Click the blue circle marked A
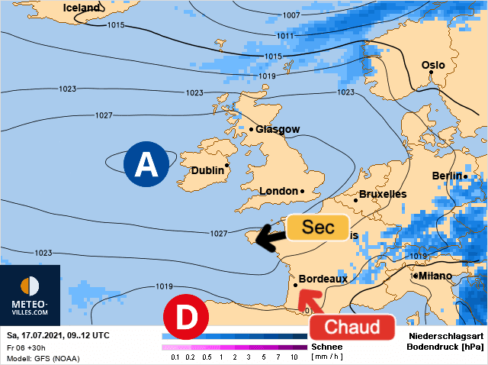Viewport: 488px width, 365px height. point(146,163)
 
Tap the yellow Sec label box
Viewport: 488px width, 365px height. point(316,227)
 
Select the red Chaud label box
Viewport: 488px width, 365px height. point(352,328)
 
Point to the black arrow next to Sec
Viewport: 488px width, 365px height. point(268,237)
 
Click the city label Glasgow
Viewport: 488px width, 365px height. point(278,129)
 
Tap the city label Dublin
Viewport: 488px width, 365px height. point(208,170)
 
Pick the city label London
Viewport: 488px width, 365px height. point(280,191)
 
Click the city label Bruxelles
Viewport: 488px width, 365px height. point(383,194)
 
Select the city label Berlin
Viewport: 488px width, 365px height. point(447,176)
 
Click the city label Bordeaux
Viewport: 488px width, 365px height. point(323,279)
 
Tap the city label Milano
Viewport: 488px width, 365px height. point(435,276)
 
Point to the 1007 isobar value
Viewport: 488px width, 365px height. point(291,15)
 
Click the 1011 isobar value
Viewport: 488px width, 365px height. point(284,36)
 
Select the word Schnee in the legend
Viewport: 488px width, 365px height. point(326,346)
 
